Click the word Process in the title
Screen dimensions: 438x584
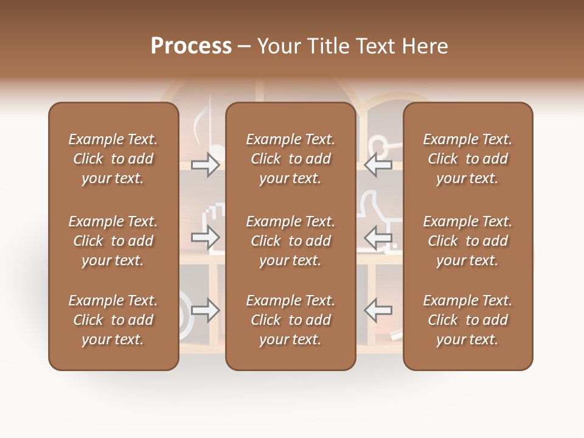click(x=191, y=46)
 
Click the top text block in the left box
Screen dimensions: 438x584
click(x=113, y=159)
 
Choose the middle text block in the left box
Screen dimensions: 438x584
click(x=113, y=241)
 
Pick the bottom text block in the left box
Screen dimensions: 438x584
click(x=113, y=320)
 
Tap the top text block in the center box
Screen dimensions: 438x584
click(x=290, y=159)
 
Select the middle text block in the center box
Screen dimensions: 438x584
click(x=290, y=241)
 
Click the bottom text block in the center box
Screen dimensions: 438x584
click(x=290, y=320)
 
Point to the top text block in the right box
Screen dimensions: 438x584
click(x=467, y=159)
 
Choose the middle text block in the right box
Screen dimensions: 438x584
click(x=467, y=241)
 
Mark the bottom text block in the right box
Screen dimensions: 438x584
click(x=467, y=320)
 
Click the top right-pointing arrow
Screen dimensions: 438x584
click(x=206, y=165)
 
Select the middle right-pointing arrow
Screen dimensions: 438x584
click(x=206, y=237)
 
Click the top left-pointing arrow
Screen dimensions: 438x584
click(x=378, y=165)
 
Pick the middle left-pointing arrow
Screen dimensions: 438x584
click(x=378, y=237)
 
